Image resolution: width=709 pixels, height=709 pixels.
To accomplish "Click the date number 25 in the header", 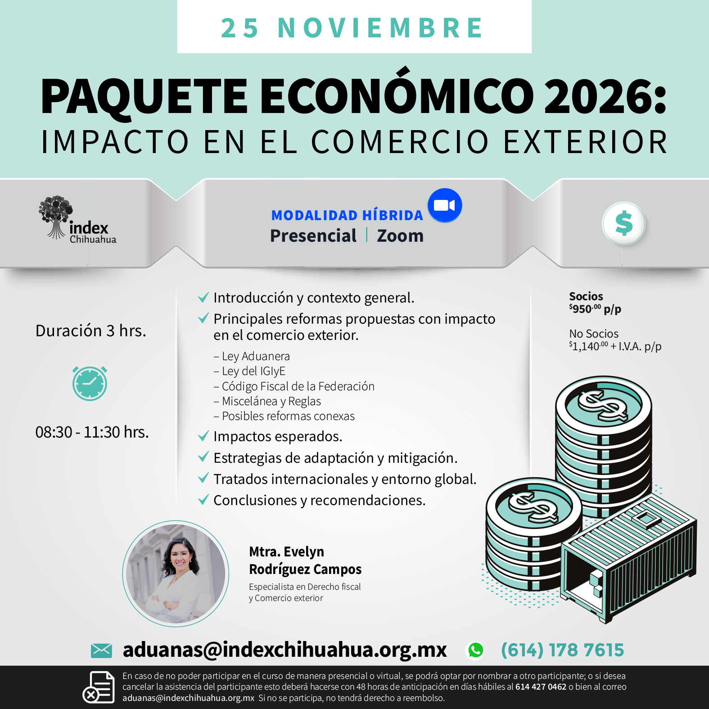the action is click(x=240, y=28).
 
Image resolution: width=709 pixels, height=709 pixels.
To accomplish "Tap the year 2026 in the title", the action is click(x=600, y=96).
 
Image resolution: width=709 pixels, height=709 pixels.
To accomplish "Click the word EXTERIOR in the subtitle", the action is click(x=585, y=142).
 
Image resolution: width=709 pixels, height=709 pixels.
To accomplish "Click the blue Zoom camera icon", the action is click(x=445, y=205).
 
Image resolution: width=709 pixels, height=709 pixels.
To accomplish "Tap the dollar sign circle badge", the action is click(x=624, y=223).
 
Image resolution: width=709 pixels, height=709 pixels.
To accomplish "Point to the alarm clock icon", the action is click(x=90, y=383).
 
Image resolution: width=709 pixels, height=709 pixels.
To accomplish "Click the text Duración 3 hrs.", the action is click(x=91, y=331).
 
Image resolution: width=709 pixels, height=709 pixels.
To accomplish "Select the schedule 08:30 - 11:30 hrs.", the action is click(x=92, y=432).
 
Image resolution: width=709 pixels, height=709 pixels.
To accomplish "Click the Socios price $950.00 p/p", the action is click(x=595, y=309).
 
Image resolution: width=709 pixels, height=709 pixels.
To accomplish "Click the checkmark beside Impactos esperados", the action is click(x=203, y=436).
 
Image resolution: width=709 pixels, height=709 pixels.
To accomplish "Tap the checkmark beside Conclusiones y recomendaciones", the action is click(x=203, y=499).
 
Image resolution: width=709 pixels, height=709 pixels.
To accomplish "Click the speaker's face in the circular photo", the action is click(x=181, y=558).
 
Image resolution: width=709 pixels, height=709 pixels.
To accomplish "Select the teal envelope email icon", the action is click(x=101, y=650).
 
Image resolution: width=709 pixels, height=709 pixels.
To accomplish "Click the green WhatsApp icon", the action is click(x=476, y=650).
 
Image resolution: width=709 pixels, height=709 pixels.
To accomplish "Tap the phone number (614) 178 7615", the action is click(x=563, y=650).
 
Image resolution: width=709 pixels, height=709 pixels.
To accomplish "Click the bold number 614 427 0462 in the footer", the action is click(x=541, y=687).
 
